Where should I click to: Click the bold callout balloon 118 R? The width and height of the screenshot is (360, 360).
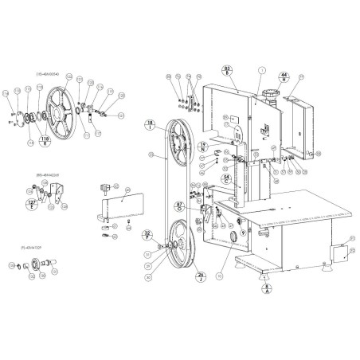(45, 141)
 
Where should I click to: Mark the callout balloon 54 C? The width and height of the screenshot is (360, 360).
(226, 181)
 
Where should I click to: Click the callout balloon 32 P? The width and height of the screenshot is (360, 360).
(147, 234)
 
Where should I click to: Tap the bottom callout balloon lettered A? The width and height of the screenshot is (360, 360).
(268, 289)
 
